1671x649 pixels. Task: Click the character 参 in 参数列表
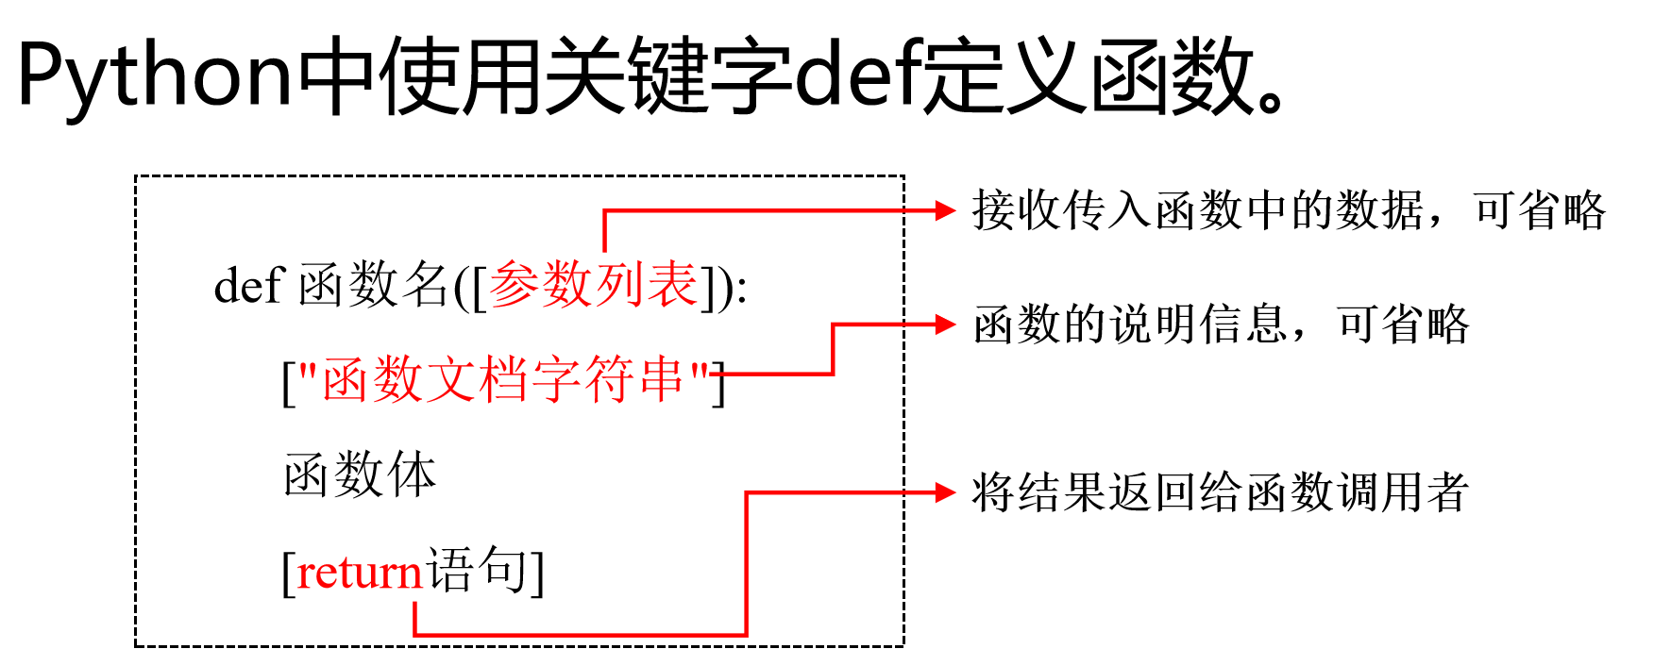[515, 284]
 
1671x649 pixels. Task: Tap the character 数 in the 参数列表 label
[567, 284]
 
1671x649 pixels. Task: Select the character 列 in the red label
[620, 284]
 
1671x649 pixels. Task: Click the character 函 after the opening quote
[347, 379]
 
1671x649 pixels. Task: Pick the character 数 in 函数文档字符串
[398, 379]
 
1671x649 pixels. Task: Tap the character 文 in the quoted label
[450, 379]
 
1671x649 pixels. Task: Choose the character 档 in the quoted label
[503, 379]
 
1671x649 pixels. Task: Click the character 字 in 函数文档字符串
[556, 379]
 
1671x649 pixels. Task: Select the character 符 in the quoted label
[608, 379]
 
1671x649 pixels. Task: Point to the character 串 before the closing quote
[660, 379]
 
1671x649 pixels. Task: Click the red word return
[360, 573]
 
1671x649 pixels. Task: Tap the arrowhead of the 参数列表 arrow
[945, 210]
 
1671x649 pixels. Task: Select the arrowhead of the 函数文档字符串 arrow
[945, 324]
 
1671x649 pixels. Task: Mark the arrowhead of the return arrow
[945, 492]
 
